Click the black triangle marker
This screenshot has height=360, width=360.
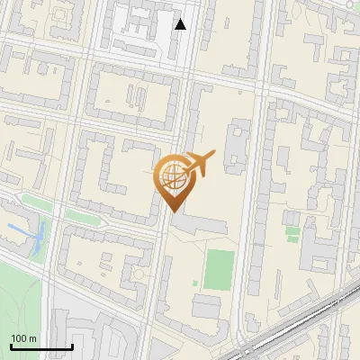181,24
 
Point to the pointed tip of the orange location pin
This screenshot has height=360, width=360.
174,211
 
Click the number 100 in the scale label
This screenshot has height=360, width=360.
18,338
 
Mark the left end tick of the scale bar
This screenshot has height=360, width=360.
11,346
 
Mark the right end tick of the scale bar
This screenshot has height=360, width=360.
72,346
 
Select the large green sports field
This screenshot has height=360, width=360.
219,269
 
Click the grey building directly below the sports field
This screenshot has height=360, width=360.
207,306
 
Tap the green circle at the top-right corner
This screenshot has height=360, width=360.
347,4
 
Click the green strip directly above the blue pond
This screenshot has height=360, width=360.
36,202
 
